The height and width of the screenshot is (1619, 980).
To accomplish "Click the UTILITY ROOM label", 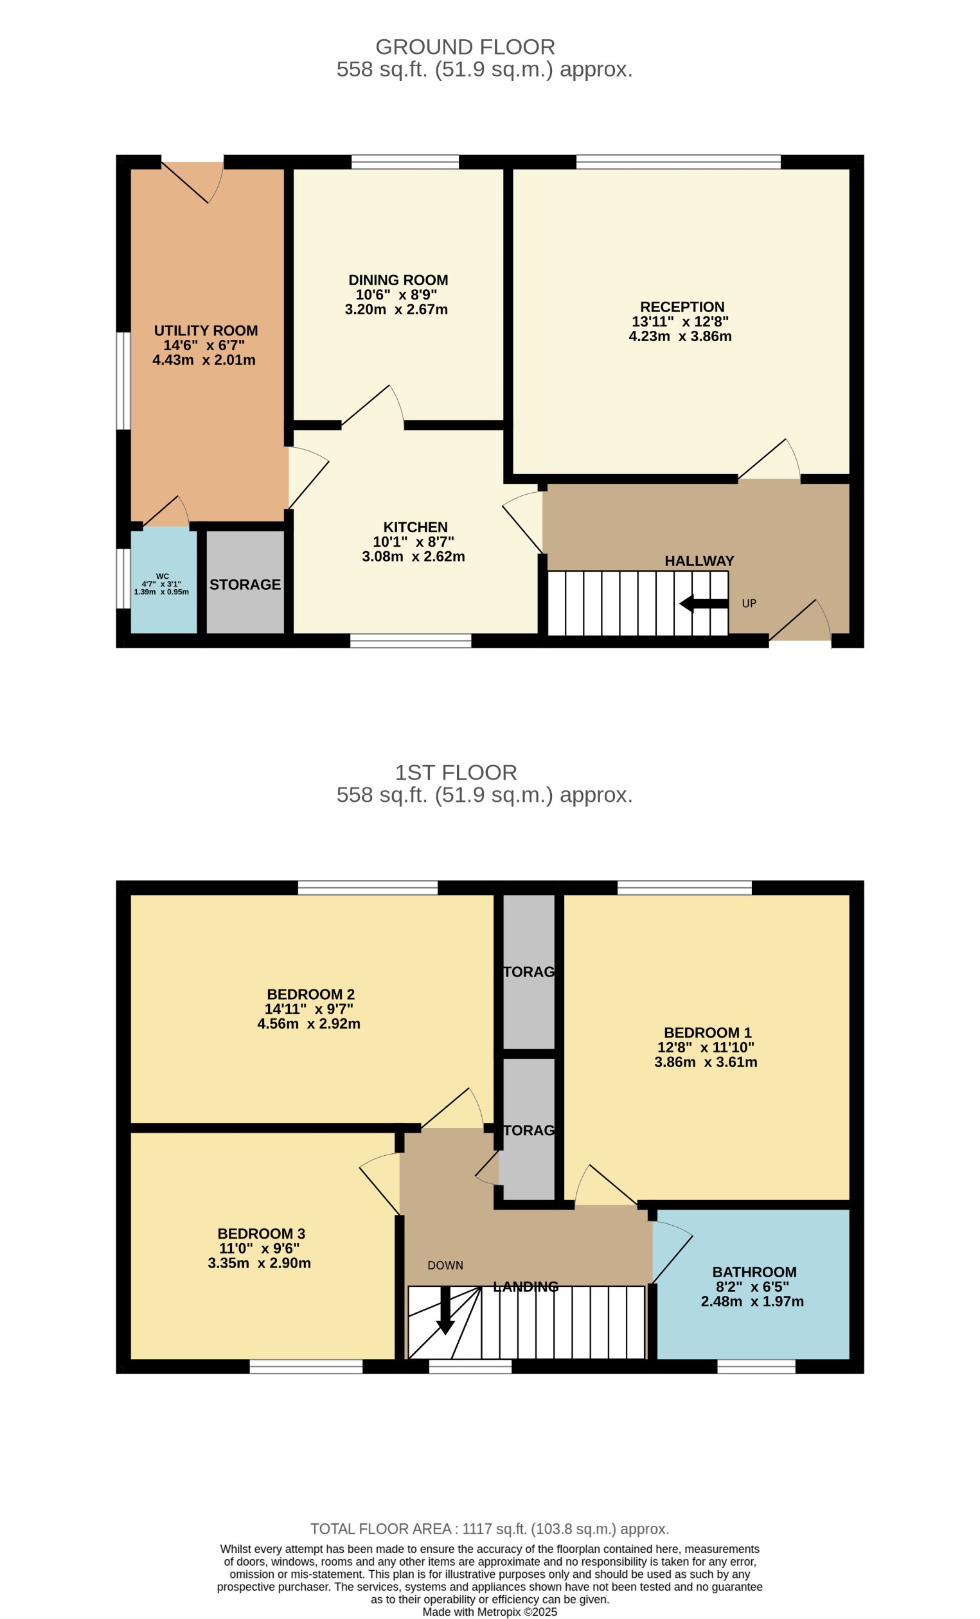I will click(206, 330).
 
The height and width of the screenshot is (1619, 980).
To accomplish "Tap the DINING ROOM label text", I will click(398, 280).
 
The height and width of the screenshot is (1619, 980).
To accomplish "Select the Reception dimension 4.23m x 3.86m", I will click(680, 337).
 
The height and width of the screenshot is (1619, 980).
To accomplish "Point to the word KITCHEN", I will click(414, 527).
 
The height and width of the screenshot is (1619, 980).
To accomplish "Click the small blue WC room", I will click(163, 581).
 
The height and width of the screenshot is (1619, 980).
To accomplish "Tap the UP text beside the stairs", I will click(749, 603).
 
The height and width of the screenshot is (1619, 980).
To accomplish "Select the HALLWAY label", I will click(699, 560).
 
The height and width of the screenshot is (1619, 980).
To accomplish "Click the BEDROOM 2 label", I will click(310, 994).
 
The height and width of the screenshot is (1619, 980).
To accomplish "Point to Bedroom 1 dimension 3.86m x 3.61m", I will click(705, 1062).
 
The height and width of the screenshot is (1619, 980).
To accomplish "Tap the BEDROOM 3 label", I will click(261, 1234).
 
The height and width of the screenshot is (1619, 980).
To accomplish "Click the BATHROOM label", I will click(754, 1271).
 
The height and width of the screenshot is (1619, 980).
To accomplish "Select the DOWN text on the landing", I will click(445, 1265).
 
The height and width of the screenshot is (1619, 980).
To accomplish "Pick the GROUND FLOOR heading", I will click(465, 47).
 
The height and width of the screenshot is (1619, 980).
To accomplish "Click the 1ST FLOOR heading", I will click(456, 772).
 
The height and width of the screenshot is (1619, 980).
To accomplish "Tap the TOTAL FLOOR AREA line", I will click(489, 1528).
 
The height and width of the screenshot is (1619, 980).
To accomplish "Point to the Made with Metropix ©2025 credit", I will click(489, 1612).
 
